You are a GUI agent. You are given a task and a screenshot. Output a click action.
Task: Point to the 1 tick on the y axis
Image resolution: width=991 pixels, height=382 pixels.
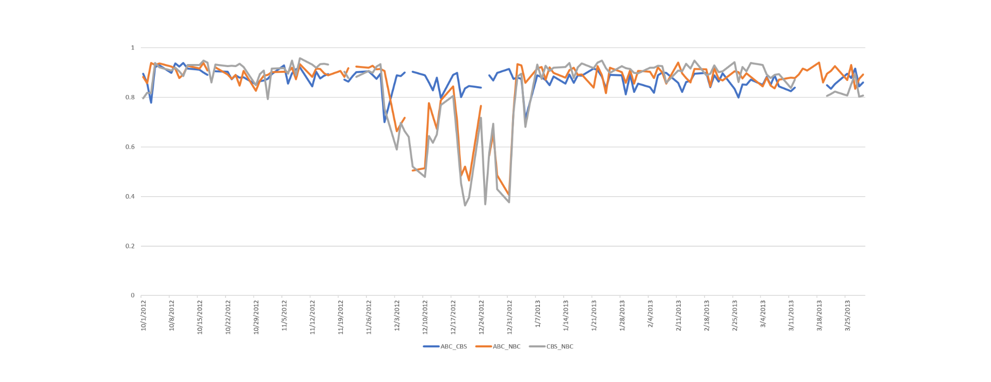[133, 47]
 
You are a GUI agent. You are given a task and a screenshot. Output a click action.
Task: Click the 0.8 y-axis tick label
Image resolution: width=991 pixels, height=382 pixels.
[131, 97]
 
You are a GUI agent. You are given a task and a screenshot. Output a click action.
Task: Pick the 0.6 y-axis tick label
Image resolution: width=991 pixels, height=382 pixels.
[131, 147]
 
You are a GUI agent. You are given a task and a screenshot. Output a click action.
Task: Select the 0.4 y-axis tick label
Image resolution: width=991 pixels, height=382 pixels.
[131, 196]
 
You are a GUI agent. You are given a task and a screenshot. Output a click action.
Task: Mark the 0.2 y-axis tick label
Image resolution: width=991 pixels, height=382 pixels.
[131, 246]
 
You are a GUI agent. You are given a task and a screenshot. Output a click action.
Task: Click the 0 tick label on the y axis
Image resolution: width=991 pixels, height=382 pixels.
[133, 295]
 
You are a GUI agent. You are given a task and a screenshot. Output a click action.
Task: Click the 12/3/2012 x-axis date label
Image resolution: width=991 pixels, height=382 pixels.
[397, 315]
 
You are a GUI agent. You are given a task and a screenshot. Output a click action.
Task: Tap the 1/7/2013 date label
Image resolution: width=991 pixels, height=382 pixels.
[538, 314]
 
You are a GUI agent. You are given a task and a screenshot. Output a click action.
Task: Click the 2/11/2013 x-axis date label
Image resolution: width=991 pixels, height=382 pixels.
[679, 315]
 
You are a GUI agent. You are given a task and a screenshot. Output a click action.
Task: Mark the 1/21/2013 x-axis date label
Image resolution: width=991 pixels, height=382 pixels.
[594, 315]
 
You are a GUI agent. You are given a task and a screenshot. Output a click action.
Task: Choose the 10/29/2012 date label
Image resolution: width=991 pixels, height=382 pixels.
[257, 316]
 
